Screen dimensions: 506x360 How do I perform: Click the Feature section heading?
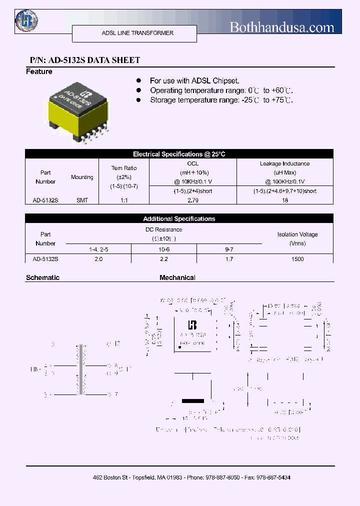coord(39,71)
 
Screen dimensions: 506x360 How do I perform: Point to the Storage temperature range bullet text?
coord(221,100)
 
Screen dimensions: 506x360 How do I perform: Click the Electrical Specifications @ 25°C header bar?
coord(179,154)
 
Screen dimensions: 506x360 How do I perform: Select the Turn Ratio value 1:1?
coord(123,200)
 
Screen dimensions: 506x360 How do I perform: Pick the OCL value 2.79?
coord(192,200)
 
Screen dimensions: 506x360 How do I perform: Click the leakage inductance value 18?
coord(284,200)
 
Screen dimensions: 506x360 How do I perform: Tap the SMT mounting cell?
coord(82,200)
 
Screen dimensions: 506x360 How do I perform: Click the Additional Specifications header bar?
coord(179,218)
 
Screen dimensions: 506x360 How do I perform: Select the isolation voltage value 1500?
coord(297,259)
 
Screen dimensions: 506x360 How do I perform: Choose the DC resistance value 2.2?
coord(163,259)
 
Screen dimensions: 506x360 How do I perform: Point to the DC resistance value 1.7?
coord(229,259)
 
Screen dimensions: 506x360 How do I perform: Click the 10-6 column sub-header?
coord(163,248)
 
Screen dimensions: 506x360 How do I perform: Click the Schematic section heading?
coord(42,277)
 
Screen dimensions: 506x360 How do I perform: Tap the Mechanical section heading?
coord(177,277)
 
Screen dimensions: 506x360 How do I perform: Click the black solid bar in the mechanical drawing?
coord(192,401)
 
